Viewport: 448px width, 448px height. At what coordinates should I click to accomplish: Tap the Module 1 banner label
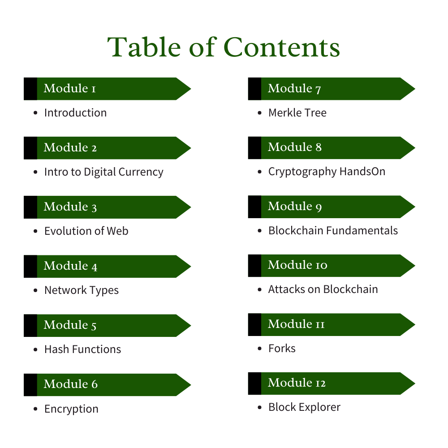(x=70, y=88)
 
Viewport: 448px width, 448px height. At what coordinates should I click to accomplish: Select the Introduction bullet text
(x=75, y=112)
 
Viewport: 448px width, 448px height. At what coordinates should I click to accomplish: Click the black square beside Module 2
(x=30, y=148)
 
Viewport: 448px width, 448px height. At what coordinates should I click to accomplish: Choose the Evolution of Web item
(x=86, y=231)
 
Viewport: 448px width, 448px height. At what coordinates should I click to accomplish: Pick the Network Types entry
(x=81, y=290)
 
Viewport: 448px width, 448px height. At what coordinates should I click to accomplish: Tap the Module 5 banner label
(x=70, y=325)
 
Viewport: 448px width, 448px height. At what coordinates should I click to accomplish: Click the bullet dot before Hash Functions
(x=35, y=350)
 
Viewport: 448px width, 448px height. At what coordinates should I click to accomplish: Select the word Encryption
(x=71, y=409)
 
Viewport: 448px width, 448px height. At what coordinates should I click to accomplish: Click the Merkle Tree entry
(x=297, y=113)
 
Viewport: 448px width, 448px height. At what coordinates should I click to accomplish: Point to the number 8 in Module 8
(x=318, y=147)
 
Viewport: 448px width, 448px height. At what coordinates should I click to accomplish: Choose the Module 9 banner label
(x=295, y=207)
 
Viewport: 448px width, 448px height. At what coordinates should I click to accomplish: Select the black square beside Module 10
(x=254, y=266)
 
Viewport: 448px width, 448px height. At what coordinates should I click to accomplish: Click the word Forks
(x=282, y=349)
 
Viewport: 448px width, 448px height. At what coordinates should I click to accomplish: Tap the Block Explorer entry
(x=304, y=407)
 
